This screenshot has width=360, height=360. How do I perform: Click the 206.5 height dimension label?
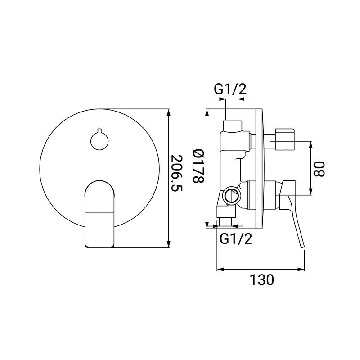177,174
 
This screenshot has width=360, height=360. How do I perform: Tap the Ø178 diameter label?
198,166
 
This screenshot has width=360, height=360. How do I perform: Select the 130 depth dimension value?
262,279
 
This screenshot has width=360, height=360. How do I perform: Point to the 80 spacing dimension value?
319,169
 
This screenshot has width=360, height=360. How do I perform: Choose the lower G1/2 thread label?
236,239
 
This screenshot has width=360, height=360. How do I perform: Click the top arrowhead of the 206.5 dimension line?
169,113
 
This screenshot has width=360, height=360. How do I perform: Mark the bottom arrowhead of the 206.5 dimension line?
169,244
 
